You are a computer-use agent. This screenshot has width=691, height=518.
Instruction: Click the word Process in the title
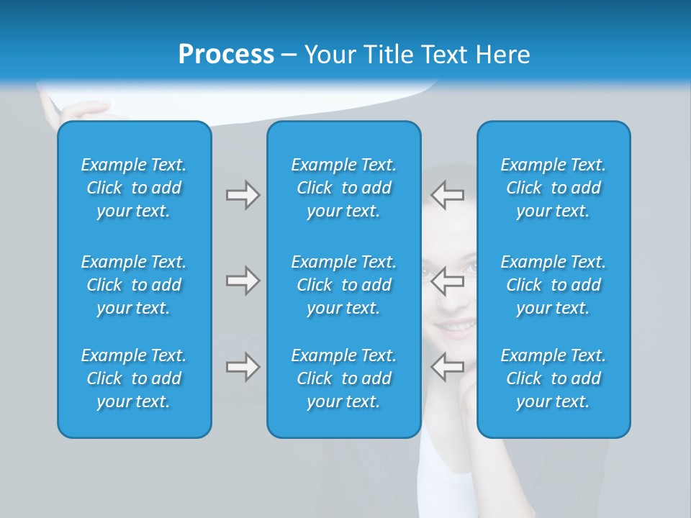(x=226, y=55)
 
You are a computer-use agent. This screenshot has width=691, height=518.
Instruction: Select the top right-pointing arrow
(x=243, y=195)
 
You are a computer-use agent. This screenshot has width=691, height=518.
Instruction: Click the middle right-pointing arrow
(x=243, y=281)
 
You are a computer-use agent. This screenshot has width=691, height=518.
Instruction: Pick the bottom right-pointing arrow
(x=243, y=367)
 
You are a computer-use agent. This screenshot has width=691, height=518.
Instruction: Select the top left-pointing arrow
(x=448, y=195)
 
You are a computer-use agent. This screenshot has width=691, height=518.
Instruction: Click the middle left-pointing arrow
(x=448, y=281)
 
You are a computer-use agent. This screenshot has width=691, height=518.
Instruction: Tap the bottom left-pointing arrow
(x=448, y=367)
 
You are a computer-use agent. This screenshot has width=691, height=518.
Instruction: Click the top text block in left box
(x=134, y=188)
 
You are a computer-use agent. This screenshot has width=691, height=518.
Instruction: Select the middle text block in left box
(x=134, y=285)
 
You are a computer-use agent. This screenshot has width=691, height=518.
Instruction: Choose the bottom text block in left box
(x=134, y=378)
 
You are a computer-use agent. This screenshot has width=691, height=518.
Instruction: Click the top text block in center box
(x=343, y=188)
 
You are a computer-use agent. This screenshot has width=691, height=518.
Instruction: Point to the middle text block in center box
(x=343, y=285)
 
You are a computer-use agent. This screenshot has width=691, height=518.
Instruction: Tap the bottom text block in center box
(x=343, y=378)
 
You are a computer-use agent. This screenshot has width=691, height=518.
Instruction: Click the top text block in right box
(x=553, y=188)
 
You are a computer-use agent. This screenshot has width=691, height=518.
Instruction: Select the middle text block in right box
(x=553, y=285)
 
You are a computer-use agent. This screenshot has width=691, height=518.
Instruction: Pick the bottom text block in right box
(x=553, y=378)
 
